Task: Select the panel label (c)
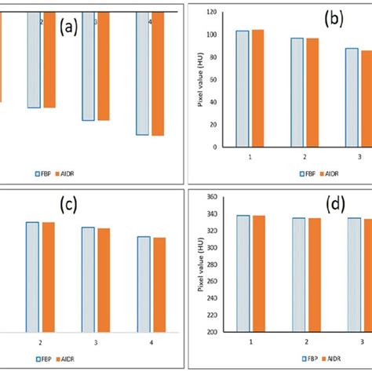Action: (x=69, y=206)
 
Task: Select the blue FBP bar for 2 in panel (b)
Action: (x=297, y=92)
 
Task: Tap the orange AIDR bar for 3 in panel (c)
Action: (x=104, y=279)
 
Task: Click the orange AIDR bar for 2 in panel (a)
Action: (x=49, y=60)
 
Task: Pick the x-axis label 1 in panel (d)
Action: (x=251, y=342)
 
